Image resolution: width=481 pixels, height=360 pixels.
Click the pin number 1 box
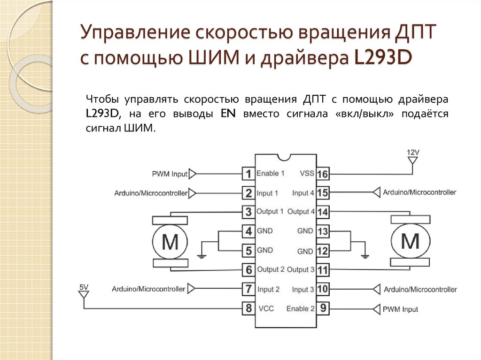[248, 174]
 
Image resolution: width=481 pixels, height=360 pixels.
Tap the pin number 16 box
[322, 174]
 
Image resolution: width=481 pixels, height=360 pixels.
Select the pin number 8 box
[248, 308]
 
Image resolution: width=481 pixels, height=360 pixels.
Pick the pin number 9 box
[322, 309]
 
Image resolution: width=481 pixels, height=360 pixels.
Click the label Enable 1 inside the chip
[271, 173]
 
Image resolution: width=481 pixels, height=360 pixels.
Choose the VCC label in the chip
[266, 308]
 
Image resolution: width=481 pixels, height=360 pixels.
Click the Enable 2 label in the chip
[301, 308]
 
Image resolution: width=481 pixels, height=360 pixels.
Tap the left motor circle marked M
[170, 242]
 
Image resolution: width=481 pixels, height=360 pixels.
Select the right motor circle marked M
[411, 242]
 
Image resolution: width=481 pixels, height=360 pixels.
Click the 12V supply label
[412, 153]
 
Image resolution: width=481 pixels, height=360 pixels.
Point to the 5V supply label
[84, 287]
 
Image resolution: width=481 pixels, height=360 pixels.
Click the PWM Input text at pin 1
[170, 174]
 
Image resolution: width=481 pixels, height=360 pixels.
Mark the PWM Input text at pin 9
[400, 309]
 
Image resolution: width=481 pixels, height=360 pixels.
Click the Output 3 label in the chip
[301, 269]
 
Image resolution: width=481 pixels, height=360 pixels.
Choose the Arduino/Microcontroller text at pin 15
[419, 192]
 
